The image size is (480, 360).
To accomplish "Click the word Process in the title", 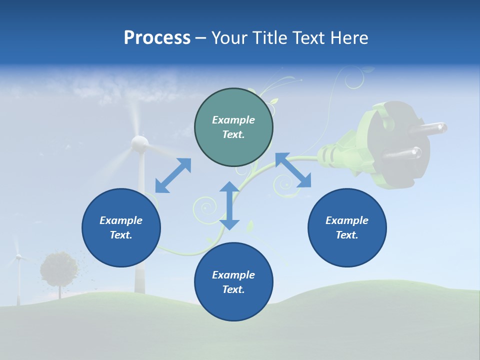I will coord(157,38).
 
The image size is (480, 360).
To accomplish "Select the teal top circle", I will coord(233,127).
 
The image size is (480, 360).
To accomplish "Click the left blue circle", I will coord(121,227).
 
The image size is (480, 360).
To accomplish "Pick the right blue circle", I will coord(347,227).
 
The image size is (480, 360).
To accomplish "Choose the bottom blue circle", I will coord(233,281).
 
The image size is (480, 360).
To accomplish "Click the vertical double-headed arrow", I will coord(229,205).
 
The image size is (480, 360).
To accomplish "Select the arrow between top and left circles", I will coord(173,175).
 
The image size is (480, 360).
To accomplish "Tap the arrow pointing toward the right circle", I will coord(293,170).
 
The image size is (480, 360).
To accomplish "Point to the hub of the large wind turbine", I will coord(139,143).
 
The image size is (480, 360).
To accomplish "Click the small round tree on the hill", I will coord(59,269).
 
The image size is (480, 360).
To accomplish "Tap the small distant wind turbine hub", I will coord(18,256).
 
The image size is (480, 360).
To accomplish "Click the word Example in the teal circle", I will coord(233,120).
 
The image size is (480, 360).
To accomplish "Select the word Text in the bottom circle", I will coord(232,289).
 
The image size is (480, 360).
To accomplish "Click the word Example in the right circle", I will coord(347,220).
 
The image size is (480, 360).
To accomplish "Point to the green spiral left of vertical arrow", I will coord(205,206).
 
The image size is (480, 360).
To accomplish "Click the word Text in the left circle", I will coord(120,235).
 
